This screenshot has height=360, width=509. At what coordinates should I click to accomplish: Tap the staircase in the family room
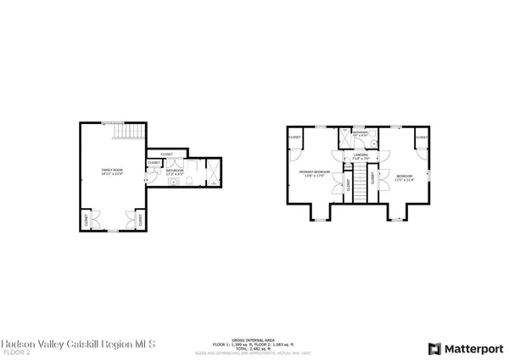129,132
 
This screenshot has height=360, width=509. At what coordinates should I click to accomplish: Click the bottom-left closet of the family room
87,220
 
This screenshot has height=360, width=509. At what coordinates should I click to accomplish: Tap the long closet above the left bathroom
167,154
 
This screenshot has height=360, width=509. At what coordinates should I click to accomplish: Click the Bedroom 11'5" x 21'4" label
406,177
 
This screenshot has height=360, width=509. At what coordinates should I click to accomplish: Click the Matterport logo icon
435,348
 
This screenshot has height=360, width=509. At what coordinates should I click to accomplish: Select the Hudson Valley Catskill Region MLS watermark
77,343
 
